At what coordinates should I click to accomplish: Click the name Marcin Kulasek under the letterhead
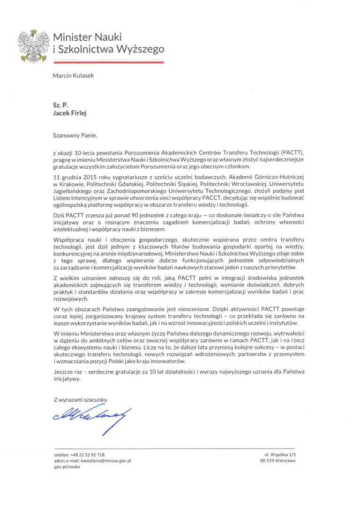pyautogui.click(x=74, y=76)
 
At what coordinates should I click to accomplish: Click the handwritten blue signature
pyautogui.click(x=92, y=415)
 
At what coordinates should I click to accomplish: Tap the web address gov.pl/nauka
pyautogui.click(x=67, y=467)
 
